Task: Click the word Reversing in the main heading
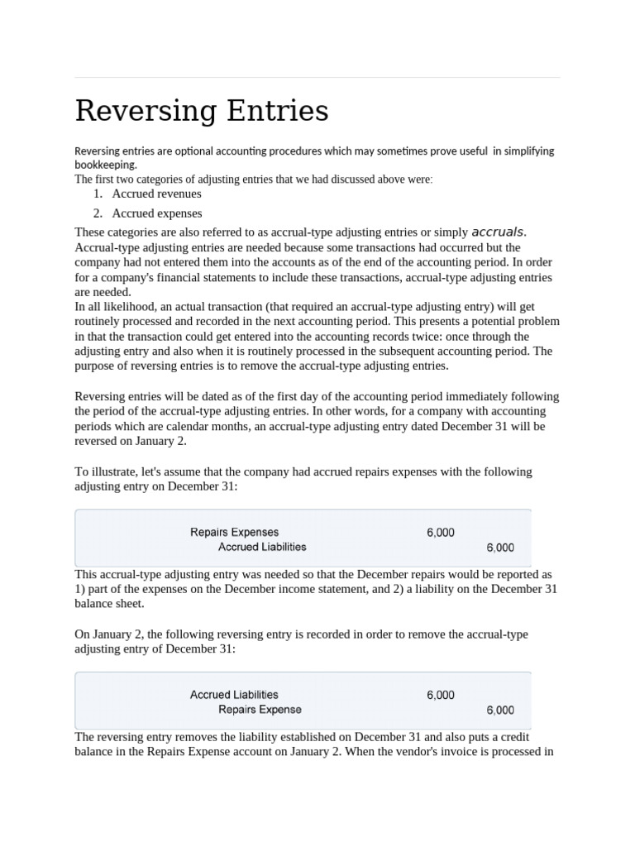(x=134, y=111)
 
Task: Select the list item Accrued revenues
(x=156, y=194)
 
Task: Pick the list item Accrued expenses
(x=156, y=213)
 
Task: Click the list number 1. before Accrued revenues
(x=98, y=194)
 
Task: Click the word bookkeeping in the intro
(x=105, y=165)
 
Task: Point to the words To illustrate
(x=107, y=471)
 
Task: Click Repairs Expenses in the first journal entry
(x=234, y=532)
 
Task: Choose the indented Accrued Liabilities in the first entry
(x=262, y=547)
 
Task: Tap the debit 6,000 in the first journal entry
(x=440, y=533)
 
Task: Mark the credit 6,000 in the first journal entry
(x=499, y=548)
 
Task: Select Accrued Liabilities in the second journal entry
(x=234, y=695)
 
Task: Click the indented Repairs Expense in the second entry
(x=260, y=710)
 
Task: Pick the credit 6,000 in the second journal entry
(x=499, y=710)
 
